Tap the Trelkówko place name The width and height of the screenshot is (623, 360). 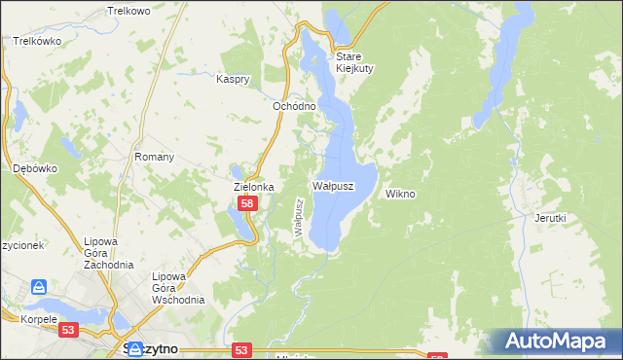[x=38, y=42]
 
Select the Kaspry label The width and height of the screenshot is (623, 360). [x=235, y=79]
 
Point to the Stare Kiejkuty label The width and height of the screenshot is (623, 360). [x=355, y=62]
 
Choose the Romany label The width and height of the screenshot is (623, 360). [x=154, y=157]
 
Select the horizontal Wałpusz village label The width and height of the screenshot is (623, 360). [x=333, y=185]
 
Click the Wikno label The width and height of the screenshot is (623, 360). [x=400, y=194]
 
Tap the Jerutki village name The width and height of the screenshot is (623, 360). [x=550, y=218]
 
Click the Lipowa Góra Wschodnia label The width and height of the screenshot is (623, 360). [x=178, y=288]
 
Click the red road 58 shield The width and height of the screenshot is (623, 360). [x=248, y=203]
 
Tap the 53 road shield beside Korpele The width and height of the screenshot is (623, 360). [x=68, y=331]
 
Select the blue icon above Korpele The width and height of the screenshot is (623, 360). [x=39, y=287]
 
